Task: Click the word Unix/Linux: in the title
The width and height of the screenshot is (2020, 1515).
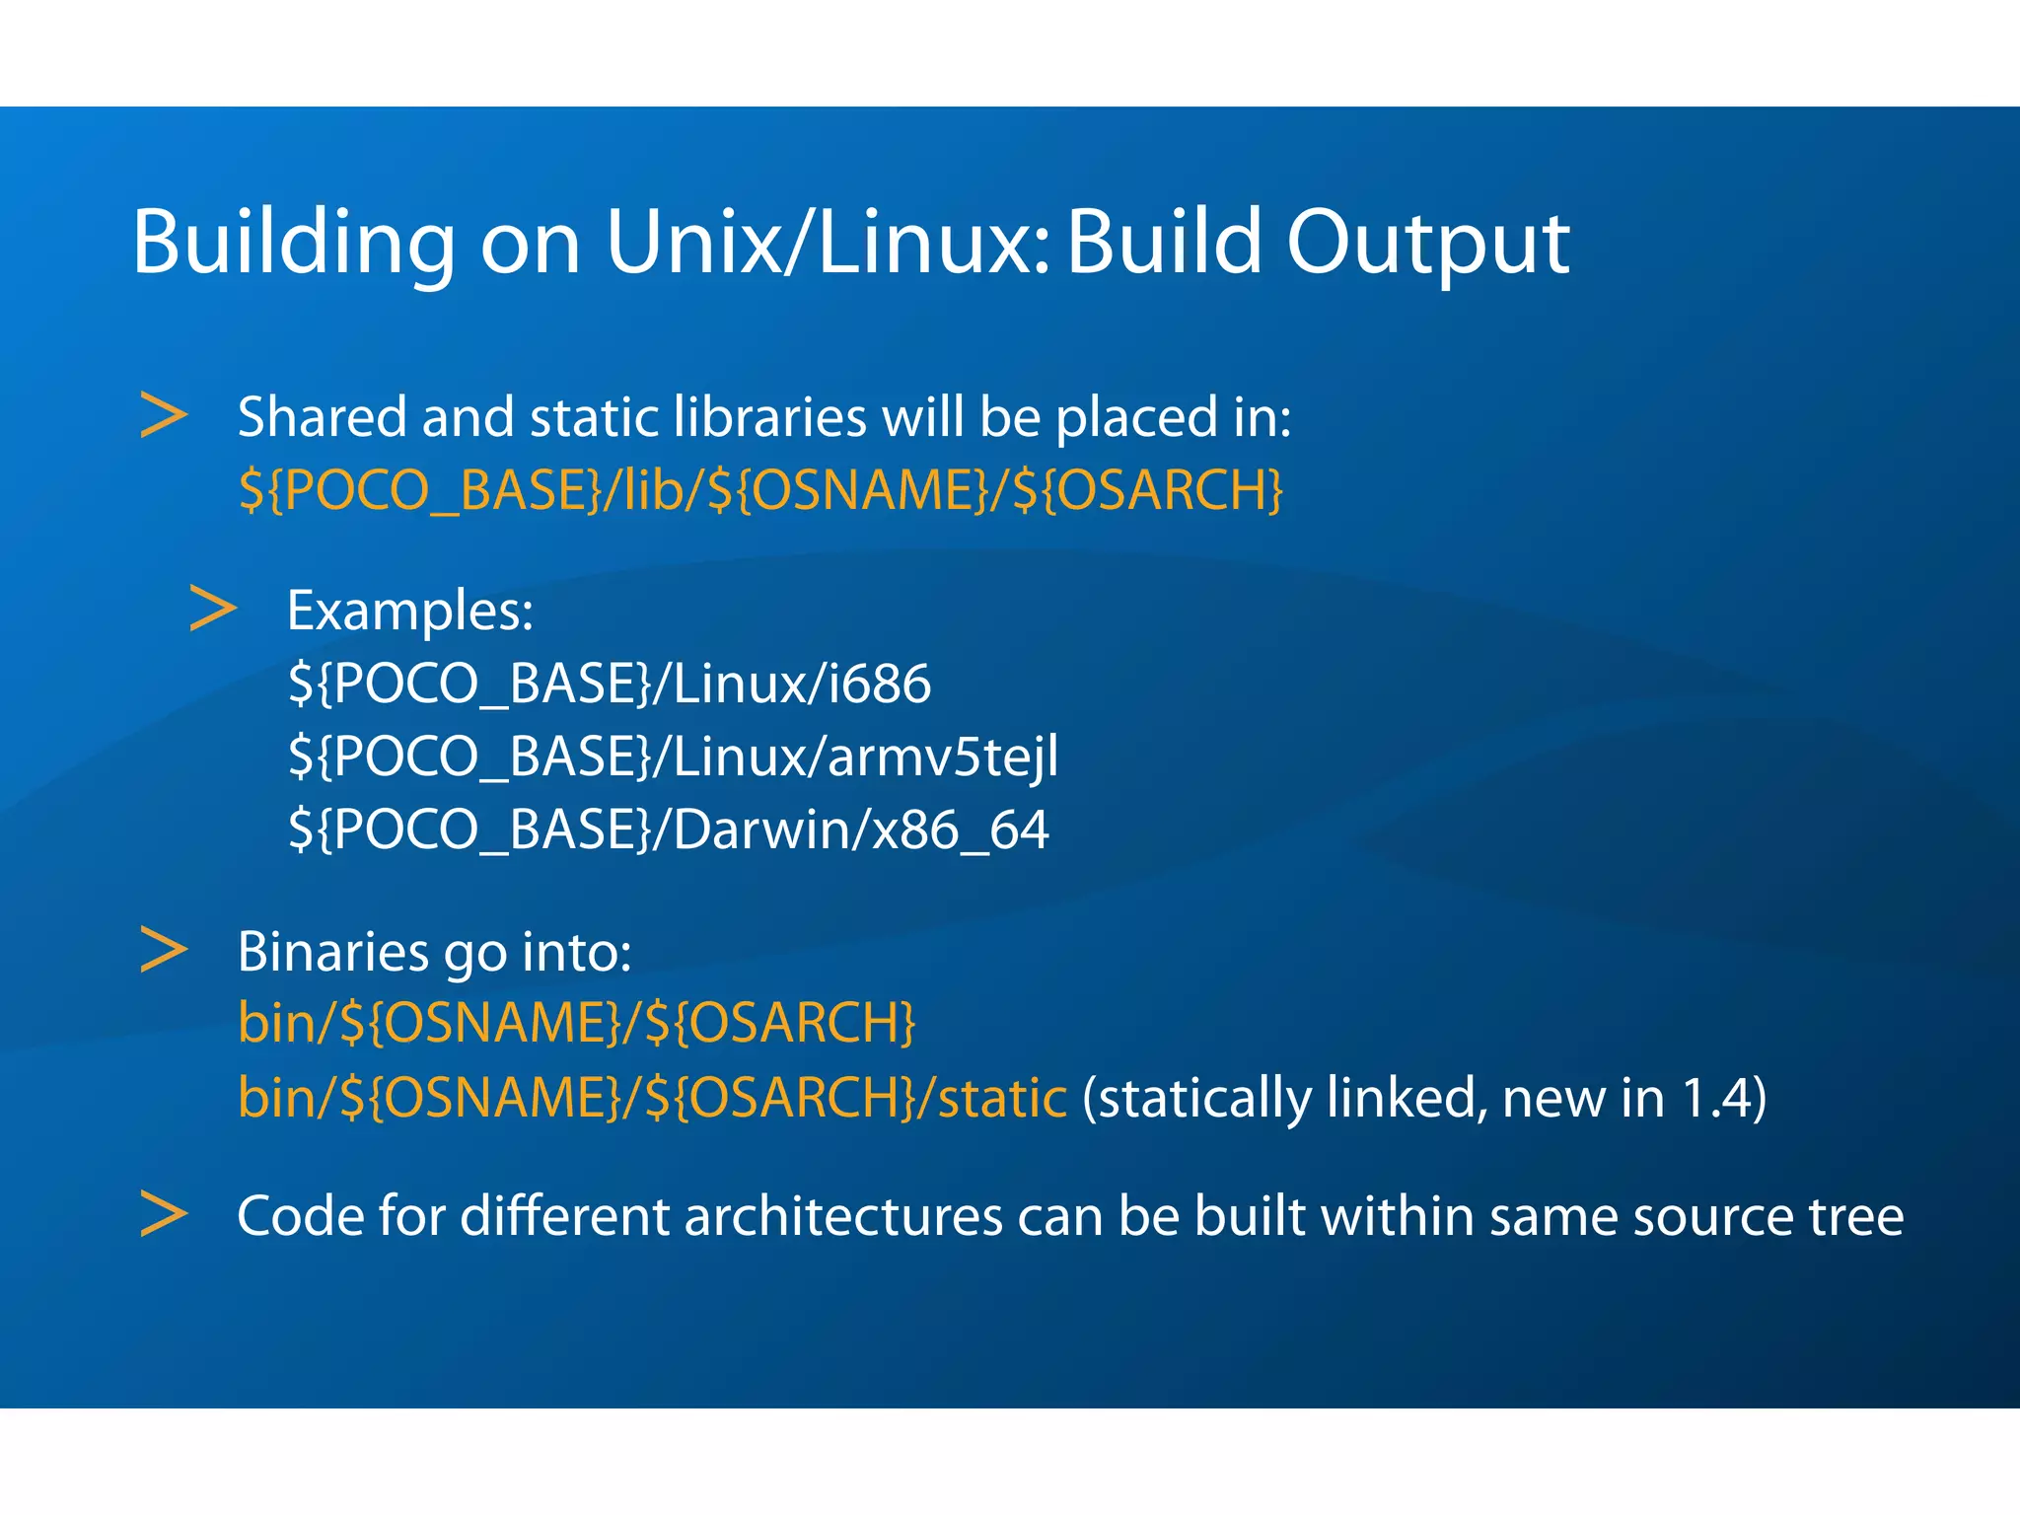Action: coord(829,242)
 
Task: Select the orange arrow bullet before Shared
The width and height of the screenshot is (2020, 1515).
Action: coord(163,415)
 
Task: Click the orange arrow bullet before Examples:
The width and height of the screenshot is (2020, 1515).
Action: coord(213,609)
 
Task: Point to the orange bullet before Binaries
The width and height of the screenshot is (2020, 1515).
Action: coord(163,950)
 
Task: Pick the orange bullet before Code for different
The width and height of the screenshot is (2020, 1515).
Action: coord(163,1213)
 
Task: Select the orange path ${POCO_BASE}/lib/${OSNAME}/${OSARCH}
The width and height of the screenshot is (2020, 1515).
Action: coord(759,489)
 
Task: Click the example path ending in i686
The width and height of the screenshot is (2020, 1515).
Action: coord(609,684)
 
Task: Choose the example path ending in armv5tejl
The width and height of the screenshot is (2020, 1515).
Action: coord(673,757)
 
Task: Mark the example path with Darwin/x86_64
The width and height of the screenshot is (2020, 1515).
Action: coord(668,830)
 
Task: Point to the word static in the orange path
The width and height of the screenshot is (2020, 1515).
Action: coord(1001,1098)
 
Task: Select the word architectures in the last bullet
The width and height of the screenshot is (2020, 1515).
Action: coord(842,1215)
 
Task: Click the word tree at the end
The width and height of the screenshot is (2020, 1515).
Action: coord(1855,1215)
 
